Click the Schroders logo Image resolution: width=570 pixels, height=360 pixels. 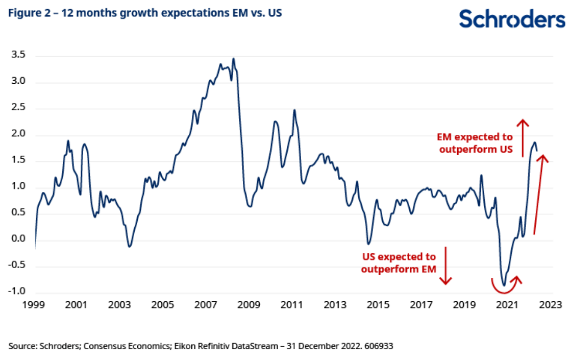[512, 19]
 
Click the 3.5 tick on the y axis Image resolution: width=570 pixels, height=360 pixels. [19, 56]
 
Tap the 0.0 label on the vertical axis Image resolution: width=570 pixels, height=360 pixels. [19, 238]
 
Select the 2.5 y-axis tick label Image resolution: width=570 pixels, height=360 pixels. [19, 108]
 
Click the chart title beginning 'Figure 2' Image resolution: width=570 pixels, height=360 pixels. [145, 13]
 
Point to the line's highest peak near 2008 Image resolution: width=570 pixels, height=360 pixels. [234, 59]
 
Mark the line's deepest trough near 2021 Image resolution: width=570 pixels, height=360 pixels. [504, 285]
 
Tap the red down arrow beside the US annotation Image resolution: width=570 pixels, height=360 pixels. [446, 266]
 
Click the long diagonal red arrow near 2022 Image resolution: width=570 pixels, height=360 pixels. [539, 194]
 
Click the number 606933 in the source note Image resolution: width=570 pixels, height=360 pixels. [378, 346]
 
